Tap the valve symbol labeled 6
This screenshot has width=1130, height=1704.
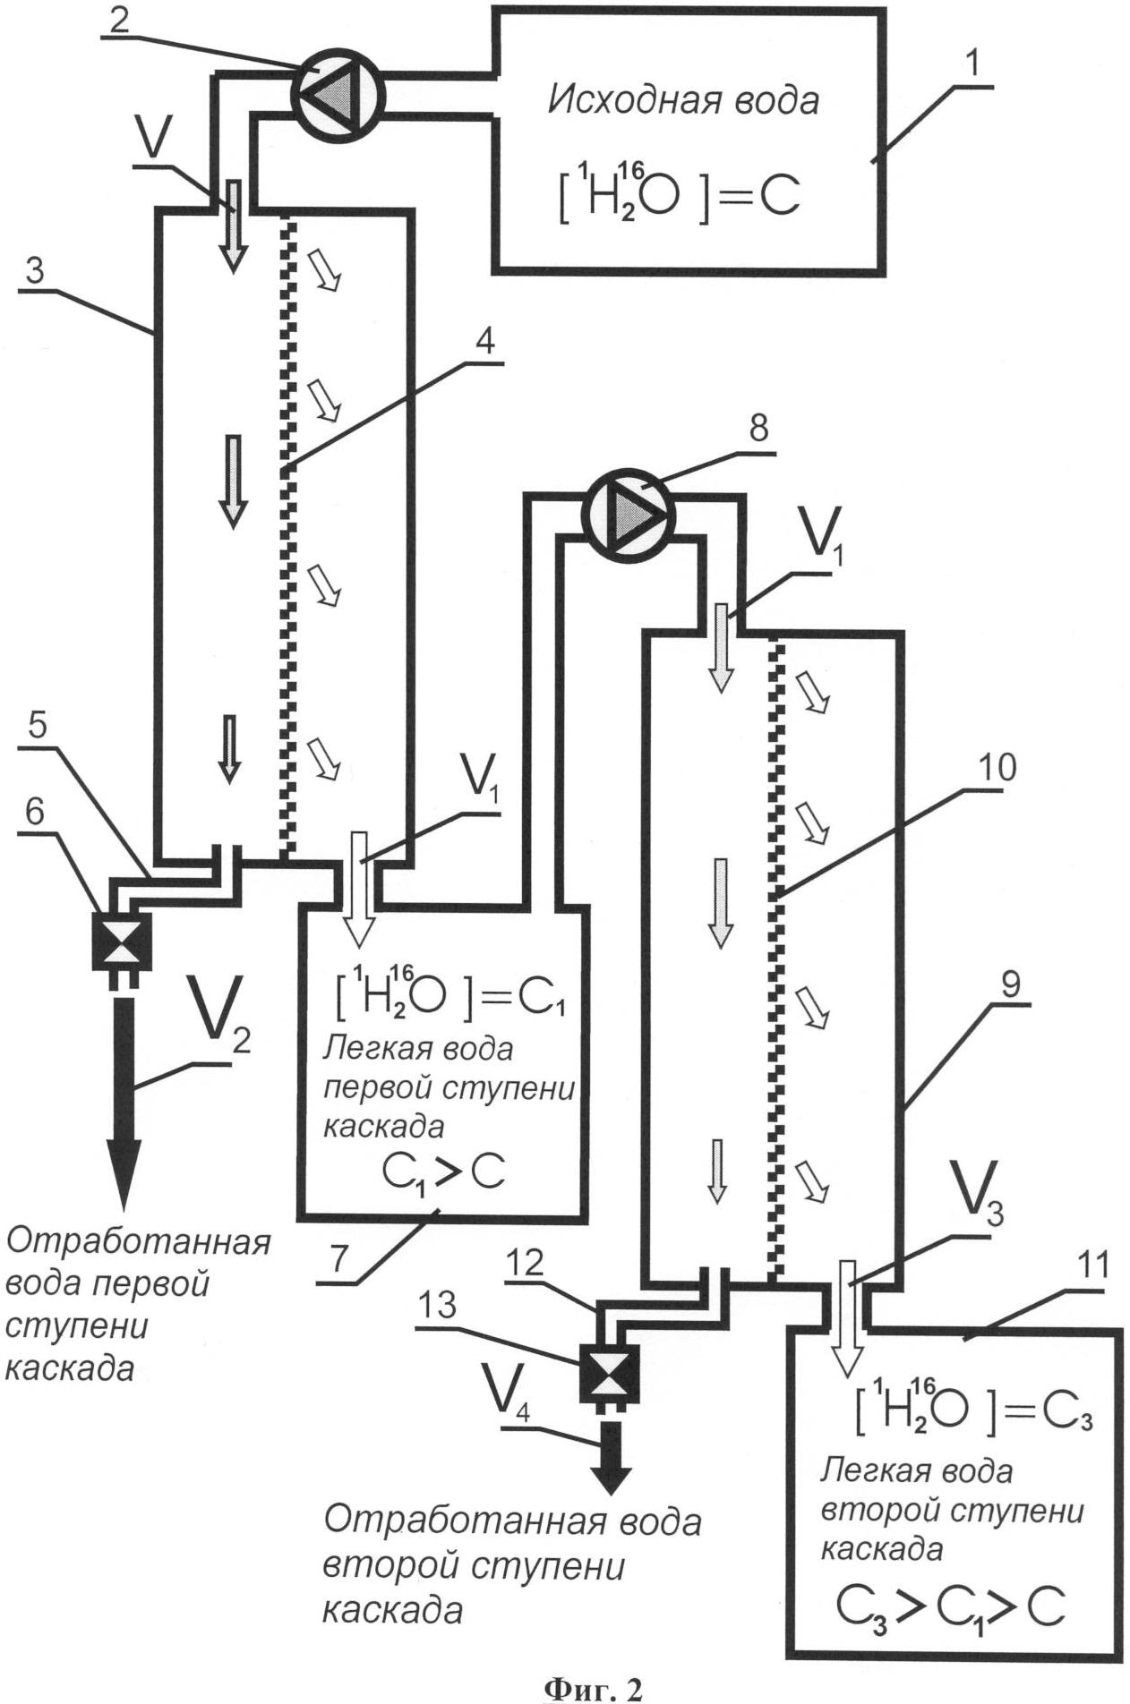(x=121, y=940)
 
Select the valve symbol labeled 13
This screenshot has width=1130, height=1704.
(x=609, y=1373)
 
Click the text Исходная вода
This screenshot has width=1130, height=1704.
(x=683, y=99)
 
